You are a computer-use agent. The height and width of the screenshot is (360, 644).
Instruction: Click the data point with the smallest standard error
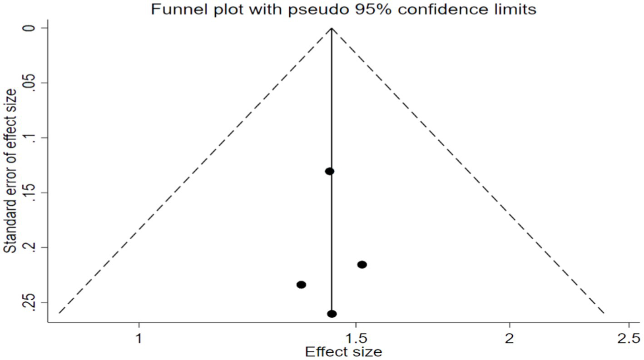pos(330,171)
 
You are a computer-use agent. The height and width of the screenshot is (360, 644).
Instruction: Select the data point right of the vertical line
pos(362,265)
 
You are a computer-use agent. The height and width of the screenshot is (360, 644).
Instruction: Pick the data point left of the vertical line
pos(301,285)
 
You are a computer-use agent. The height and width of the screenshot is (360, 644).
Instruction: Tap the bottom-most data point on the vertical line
pos(332,314)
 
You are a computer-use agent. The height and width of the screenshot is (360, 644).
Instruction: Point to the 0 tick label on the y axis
pos(32,28)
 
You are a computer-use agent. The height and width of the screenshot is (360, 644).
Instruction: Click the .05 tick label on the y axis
pos(32,83)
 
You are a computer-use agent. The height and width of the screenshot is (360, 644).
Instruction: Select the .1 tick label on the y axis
pos(32,138)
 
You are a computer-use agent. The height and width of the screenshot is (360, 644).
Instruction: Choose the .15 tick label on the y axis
pos(32,192)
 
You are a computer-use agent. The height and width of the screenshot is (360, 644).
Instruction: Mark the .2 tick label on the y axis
pos(32,247)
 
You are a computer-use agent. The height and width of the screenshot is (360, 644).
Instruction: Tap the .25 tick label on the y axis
pos(32,302)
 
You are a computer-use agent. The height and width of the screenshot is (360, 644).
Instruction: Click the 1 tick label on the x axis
pos(139,338)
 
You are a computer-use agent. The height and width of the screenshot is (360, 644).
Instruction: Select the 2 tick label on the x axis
pos(510,338)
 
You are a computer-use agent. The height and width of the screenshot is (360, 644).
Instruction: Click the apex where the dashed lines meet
pos(332,28)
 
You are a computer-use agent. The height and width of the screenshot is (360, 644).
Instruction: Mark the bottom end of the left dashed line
pos(59,313)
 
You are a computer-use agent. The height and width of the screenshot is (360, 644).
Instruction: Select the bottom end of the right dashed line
pos(604,313)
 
